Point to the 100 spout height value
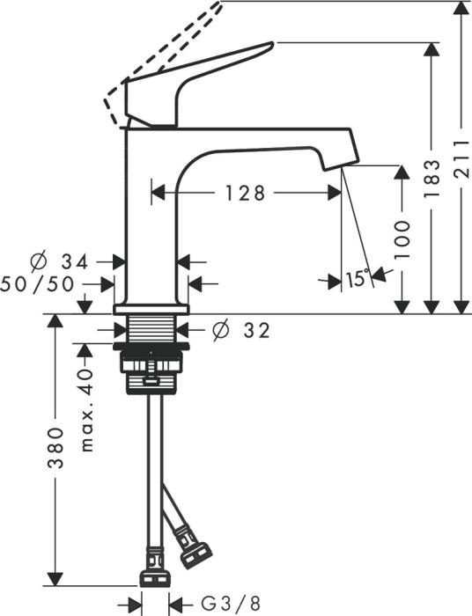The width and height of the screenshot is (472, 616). click(402, 238)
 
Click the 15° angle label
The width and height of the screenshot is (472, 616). click(356, 280)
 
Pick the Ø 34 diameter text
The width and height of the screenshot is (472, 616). click(60, 261)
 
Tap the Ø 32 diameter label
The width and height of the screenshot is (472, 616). click(240, 330)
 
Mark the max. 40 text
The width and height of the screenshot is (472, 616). click(85, 410)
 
